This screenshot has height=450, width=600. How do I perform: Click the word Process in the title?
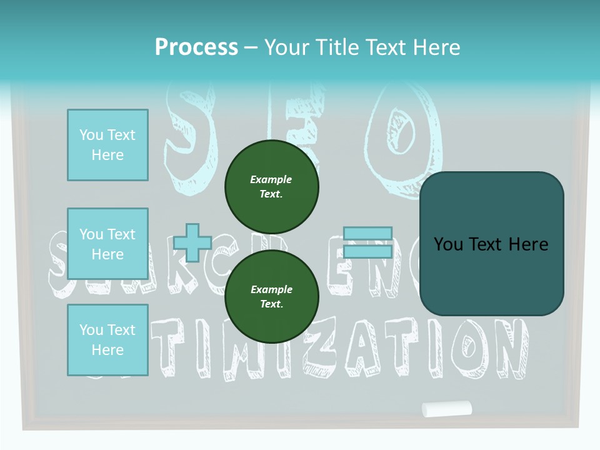pyautogui.click(x=196, y=47)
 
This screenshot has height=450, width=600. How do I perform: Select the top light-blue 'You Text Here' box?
pyautogui.click(x=107, y=145)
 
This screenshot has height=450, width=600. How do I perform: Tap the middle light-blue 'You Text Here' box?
pyautogui.click(x=107, y=244)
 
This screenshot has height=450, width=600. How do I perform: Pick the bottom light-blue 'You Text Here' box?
pyautogui.click(x=107, y=340)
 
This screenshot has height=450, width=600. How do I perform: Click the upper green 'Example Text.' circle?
pyautogui.click(x=271, y=186)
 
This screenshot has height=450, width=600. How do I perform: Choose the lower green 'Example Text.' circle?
pyautogui.click(x=271, y=296)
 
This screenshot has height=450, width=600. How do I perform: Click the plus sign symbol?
pyautogui.click(x=192, y=243)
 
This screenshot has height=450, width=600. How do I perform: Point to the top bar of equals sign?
pyautogui.click(x=367, y=234)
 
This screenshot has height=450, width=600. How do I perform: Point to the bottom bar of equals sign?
pyautogui.click(x=367, y=252)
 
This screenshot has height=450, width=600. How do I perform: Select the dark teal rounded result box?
pyautogui.click(x=491, y=244)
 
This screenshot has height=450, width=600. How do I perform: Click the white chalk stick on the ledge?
pyautogui.click(x=446, y=409)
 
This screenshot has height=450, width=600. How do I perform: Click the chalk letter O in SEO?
pyautogui.click(x=401, y=137)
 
